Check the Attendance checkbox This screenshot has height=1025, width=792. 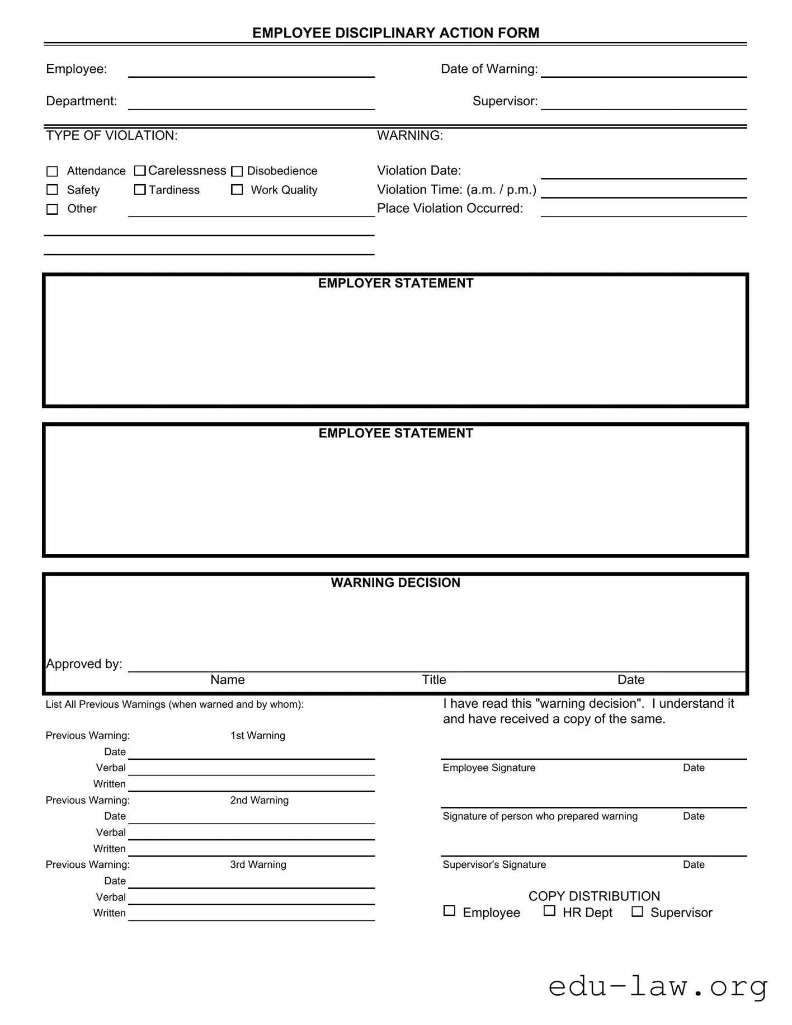52,171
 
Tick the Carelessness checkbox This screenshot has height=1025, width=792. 140,170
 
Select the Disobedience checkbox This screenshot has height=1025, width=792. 237,171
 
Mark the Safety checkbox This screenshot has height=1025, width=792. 52,190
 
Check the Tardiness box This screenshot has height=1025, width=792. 140,190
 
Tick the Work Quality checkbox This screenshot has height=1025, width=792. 237,190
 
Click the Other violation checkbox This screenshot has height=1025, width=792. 52,209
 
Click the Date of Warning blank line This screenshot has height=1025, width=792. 643,70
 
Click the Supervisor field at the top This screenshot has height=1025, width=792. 643,102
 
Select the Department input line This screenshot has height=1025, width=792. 251,102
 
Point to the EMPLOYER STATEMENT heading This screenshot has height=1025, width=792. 395,283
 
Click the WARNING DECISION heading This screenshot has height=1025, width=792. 395,582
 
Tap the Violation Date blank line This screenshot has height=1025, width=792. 643,172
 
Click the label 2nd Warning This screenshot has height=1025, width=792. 259,800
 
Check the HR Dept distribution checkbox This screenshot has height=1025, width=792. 549,911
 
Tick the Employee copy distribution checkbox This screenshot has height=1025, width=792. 449,911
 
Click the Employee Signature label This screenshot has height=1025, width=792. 489,768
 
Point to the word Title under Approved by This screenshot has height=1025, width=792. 433,679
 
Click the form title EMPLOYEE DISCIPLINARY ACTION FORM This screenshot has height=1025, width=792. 395,33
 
